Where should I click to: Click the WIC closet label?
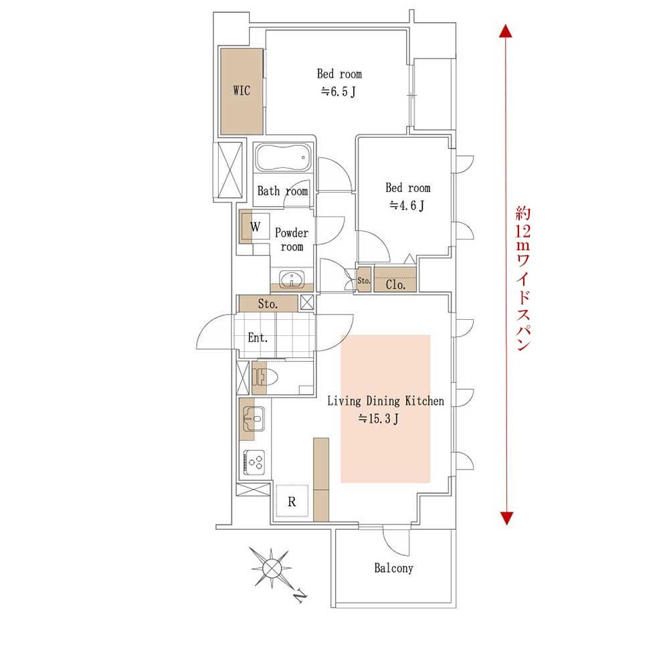coord(242,90)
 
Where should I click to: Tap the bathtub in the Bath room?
coord(283,158)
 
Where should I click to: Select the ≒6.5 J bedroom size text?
coord(339,92)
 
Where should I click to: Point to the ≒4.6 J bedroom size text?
coord(407,206)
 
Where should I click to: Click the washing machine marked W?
coord(255,226)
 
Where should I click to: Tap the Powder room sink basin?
coord(292,280)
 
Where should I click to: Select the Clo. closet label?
coord(395,284)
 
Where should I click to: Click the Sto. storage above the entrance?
coord(268,304)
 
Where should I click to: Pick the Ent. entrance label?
coord(258,338)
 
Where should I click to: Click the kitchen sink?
coord(254,419)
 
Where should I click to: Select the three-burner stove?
coord(254,462)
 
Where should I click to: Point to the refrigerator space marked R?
coord(292,501)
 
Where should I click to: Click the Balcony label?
coord(393,568)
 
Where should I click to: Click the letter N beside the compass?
coord(301,595)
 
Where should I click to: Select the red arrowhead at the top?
coord(506,31)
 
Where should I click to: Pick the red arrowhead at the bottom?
coord(506,518)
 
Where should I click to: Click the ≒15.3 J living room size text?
coord(379,419)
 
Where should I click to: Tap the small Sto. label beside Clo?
coord(363,281)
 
